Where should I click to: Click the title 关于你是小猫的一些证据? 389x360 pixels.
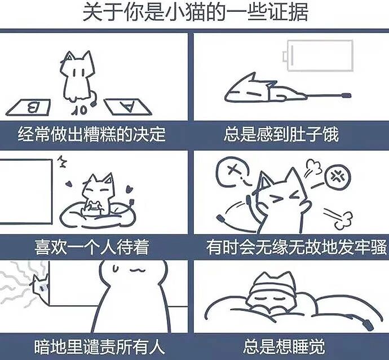pyautogui.click(x=195, y=12)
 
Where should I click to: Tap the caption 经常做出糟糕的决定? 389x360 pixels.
pyautogui.click(x=92, y=134)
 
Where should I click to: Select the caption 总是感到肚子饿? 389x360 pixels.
pyautogui.click(x=281, y=134)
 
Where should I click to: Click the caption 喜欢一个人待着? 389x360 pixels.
pyautogui.click(x=92, y=247)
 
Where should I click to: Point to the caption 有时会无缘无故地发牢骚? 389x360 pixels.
pyautogui.click(x=297, y=247)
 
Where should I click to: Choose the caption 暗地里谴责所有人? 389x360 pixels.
pyautogui.click(x=99, y=347)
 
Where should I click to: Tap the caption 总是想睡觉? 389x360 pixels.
pyautogui.click(x=284, y=347)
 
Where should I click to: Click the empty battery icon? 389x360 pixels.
pyautogui.click(x=318, y=56)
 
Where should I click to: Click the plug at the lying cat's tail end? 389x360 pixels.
pyautogui.click(x=346, y=95)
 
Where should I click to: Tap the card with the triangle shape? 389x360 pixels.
pyautogui.click(x=127, y=107)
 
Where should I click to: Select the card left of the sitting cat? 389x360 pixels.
pyautogui.click(x=29, y=108)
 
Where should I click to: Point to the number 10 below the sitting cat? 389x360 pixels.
pyautogui.click(x=79, y=110)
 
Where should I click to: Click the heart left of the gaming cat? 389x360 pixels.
pyautogui.click(x=69, y=184)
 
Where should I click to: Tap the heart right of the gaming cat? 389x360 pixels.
pyautogui.click(x=129, y=189)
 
